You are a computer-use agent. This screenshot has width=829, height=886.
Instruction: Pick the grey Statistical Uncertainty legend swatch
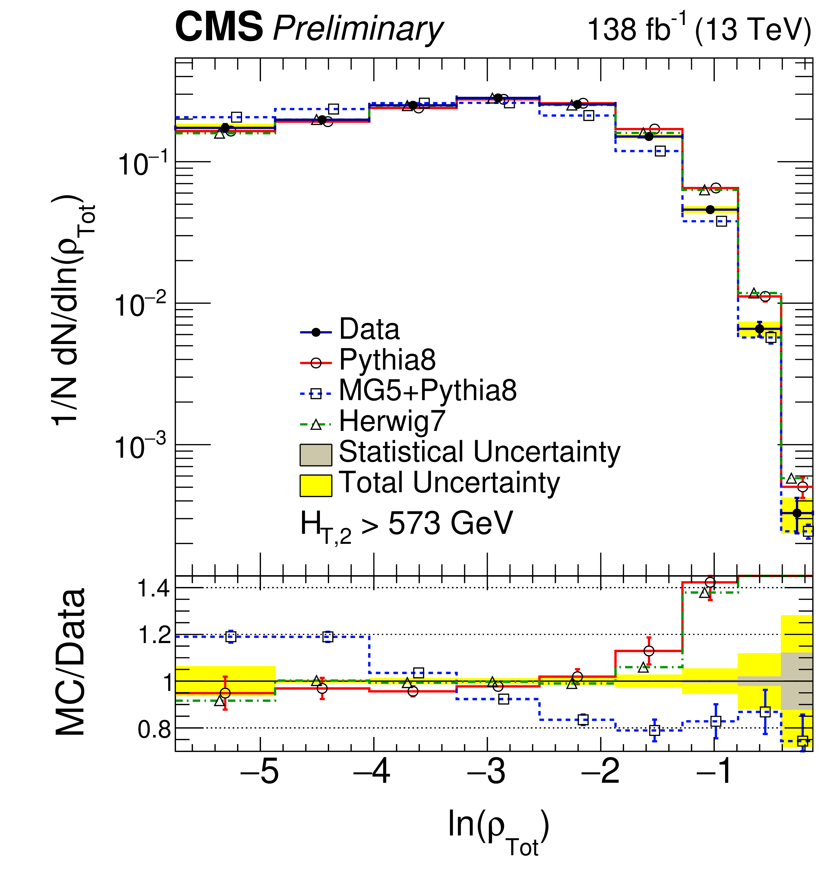(x=315, y=455)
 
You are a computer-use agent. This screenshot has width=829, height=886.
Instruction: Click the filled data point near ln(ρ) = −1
(x=710, y=210)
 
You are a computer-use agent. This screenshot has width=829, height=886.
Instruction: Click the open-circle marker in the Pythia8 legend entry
(x=315, y=363)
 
